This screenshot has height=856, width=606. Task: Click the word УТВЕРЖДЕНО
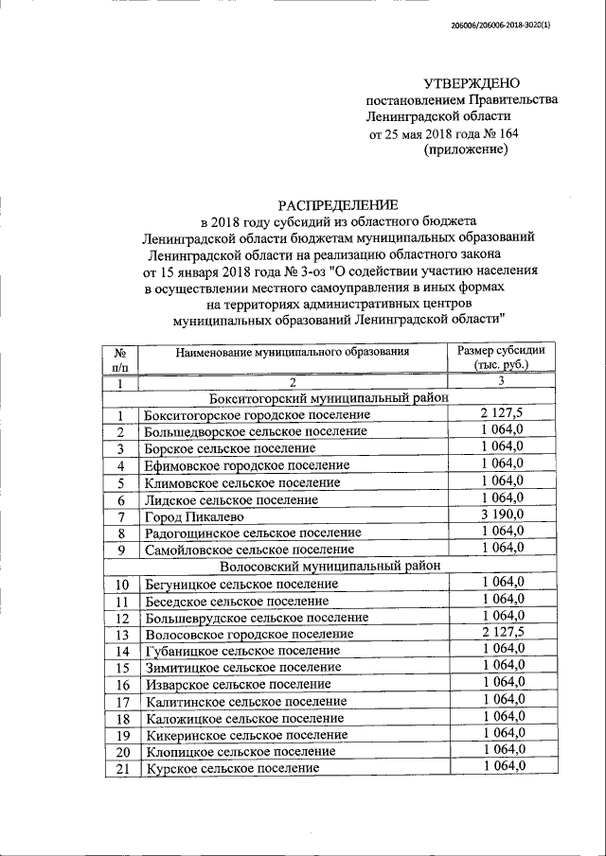pos(471,83)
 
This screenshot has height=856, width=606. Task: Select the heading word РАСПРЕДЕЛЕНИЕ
pos(338,204)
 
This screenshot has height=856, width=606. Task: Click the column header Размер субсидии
pos(501,350)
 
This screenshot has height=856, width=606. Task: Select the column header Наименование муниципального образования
pos(292,351)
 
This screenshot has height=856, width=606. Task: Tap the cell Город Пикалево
pos(194,516)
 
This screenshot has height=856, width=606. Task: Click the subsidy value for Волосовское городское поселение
pos(502,633)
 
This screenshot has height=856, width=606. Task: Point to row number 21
pos(121,768)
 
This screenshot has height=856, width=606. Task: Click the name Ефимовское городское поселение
pos(246,465)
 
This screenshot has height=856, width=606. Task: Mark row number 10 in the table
pos(121,584)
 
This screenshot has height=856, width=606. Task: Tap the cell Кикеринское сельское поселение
pos(246,734)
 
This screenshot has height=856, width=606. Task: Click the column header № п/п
pos(120,358)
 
